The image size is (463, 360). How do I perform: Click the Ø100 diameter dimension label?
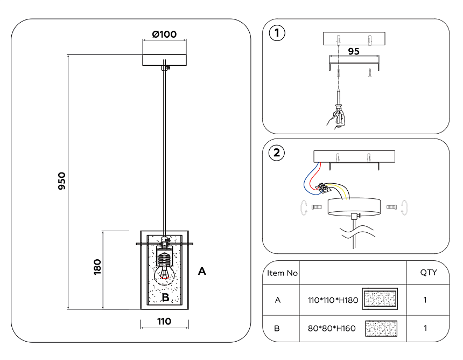pyautogui.click(x=164, y=34)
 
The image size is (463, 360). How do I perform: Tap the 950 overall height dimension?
pyautogui.click(x=62, y=182)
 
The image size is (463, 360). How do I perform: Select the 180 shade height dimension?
pyautogui.click(x=97, y=267)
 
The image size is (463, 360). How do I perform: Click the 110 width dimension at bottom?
pyautogui.click(x=164, y=322)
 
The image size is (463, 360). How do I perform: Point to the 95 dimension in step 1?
pyautogui.click(x=353, y=52)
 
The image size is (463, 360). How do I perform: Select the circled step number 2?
pyautogui.click(x=277, y=153)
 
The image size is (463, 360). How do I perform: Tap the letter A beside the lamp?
pyautogui.click(x=202, y=271)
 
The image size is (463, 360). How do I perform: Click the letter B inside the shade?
pyautogui.click(x=166, y=297)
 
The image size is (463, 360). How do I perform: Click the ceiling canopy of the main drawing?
pyautogui.click(x=164, y=59)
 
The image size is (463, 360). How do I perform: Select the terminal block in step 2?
pyautogui.click(x=325, y=188)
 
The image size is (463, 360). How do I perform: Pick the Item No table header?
pyautogui.click(x=283, y=273)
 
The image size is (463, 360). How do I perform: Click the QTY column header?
pyautogui.click(x=429, y=273)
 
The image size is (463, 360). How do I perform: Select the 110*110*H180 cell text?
pyautogui.click(x=329, y=300)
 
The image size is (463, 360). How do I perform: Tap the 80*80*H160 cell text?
pyautogui.click(x=328, y=328)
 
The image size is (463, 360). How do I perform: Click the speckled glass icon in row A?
pyautogui.click(x=381, y=299)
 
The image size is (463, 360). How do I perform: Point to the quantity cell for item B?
pyautogui.click(x=425, y=328)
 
